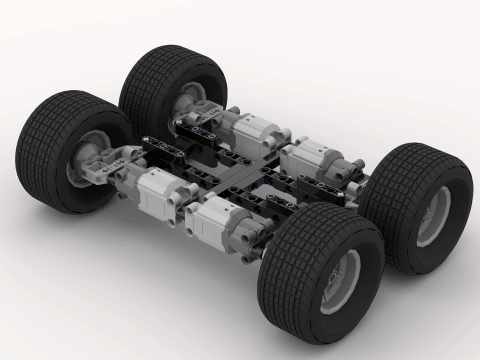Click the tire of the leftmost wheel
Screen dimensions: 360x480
(x=43, y=144)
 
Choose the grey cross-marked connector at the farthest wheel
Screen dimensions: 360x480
(x=206, y=113)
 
